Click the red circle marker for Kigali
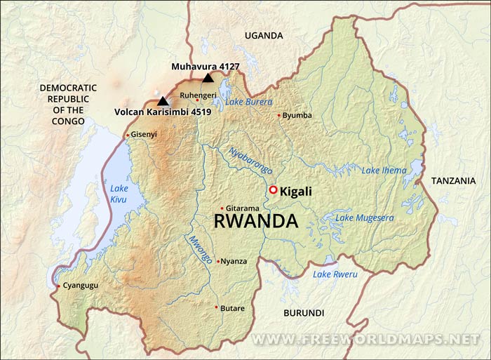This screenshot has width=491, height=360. [273, 190]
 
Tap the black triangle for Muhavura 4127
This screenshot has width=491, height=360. [207, 79]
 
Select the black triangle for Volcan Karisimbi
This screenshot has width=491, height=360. [163, 101]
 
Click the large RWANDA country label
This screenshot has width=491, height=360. [255, 222]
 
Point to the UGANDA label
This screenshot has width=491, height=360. [264, 35]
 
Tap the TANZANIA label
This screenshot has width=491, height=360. [453, 180]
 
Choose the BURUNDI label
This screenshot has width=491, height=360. [304, 312]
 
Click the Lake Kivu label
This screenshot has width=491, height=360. [120, 193]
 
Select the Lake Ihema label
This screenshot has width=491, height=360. [384, 171]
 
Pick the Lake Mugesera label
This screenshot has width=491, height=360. [364, 218]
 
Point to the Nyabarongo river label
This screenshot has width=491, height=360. [250, 161]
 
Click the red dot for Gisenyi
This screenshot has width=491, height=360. [127, 135]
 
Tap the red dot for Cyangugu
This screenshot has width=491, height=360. [58, 286]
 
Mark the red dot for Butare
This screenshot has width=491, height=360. [216, 307]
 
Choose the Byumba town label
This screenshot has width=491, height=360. [297, 115]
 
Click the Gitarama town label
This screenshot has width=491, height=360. [243, 208]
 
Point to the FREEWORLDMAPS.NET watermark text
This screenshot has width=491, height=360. [365, 339]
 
